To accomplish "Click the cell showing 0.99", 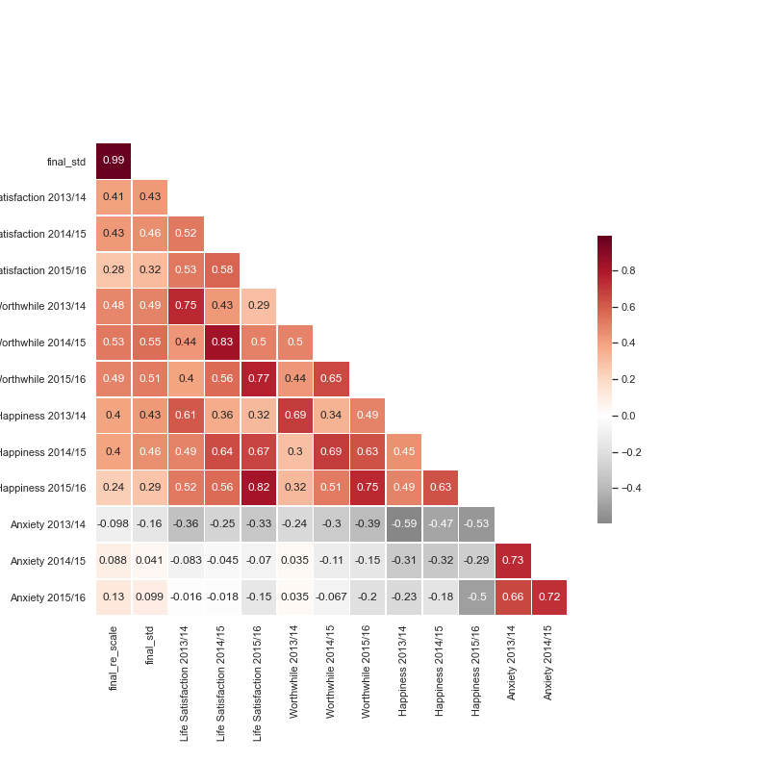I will point(114,161).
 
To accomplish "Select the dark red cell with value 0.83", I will point(222,343).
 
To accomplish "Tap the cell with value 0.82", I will point(259,488).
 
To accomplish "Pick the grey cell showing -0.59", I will point(404,524).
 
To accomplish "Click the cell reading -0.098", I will point(114,524).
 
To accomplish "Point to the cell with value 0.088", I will point(114,561).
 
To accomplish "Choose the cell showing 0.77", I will point(259,379).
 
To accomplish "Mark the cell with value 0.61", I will point(186,416).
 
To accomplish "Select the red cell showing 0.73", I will point(513,561).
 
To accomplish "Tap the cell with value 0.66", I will point(513,597).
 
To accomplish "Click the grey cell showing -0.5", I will point(476,597).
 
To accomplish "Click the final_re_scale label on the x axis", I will point(114,658).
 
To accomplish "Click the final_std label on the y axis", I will point(66,162).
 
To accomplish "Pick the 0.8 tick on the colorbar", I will point(627,271).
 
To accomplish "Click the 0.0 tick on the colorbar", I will point(627,416).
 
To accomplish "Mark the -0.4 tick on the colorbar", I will point(630,488).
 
